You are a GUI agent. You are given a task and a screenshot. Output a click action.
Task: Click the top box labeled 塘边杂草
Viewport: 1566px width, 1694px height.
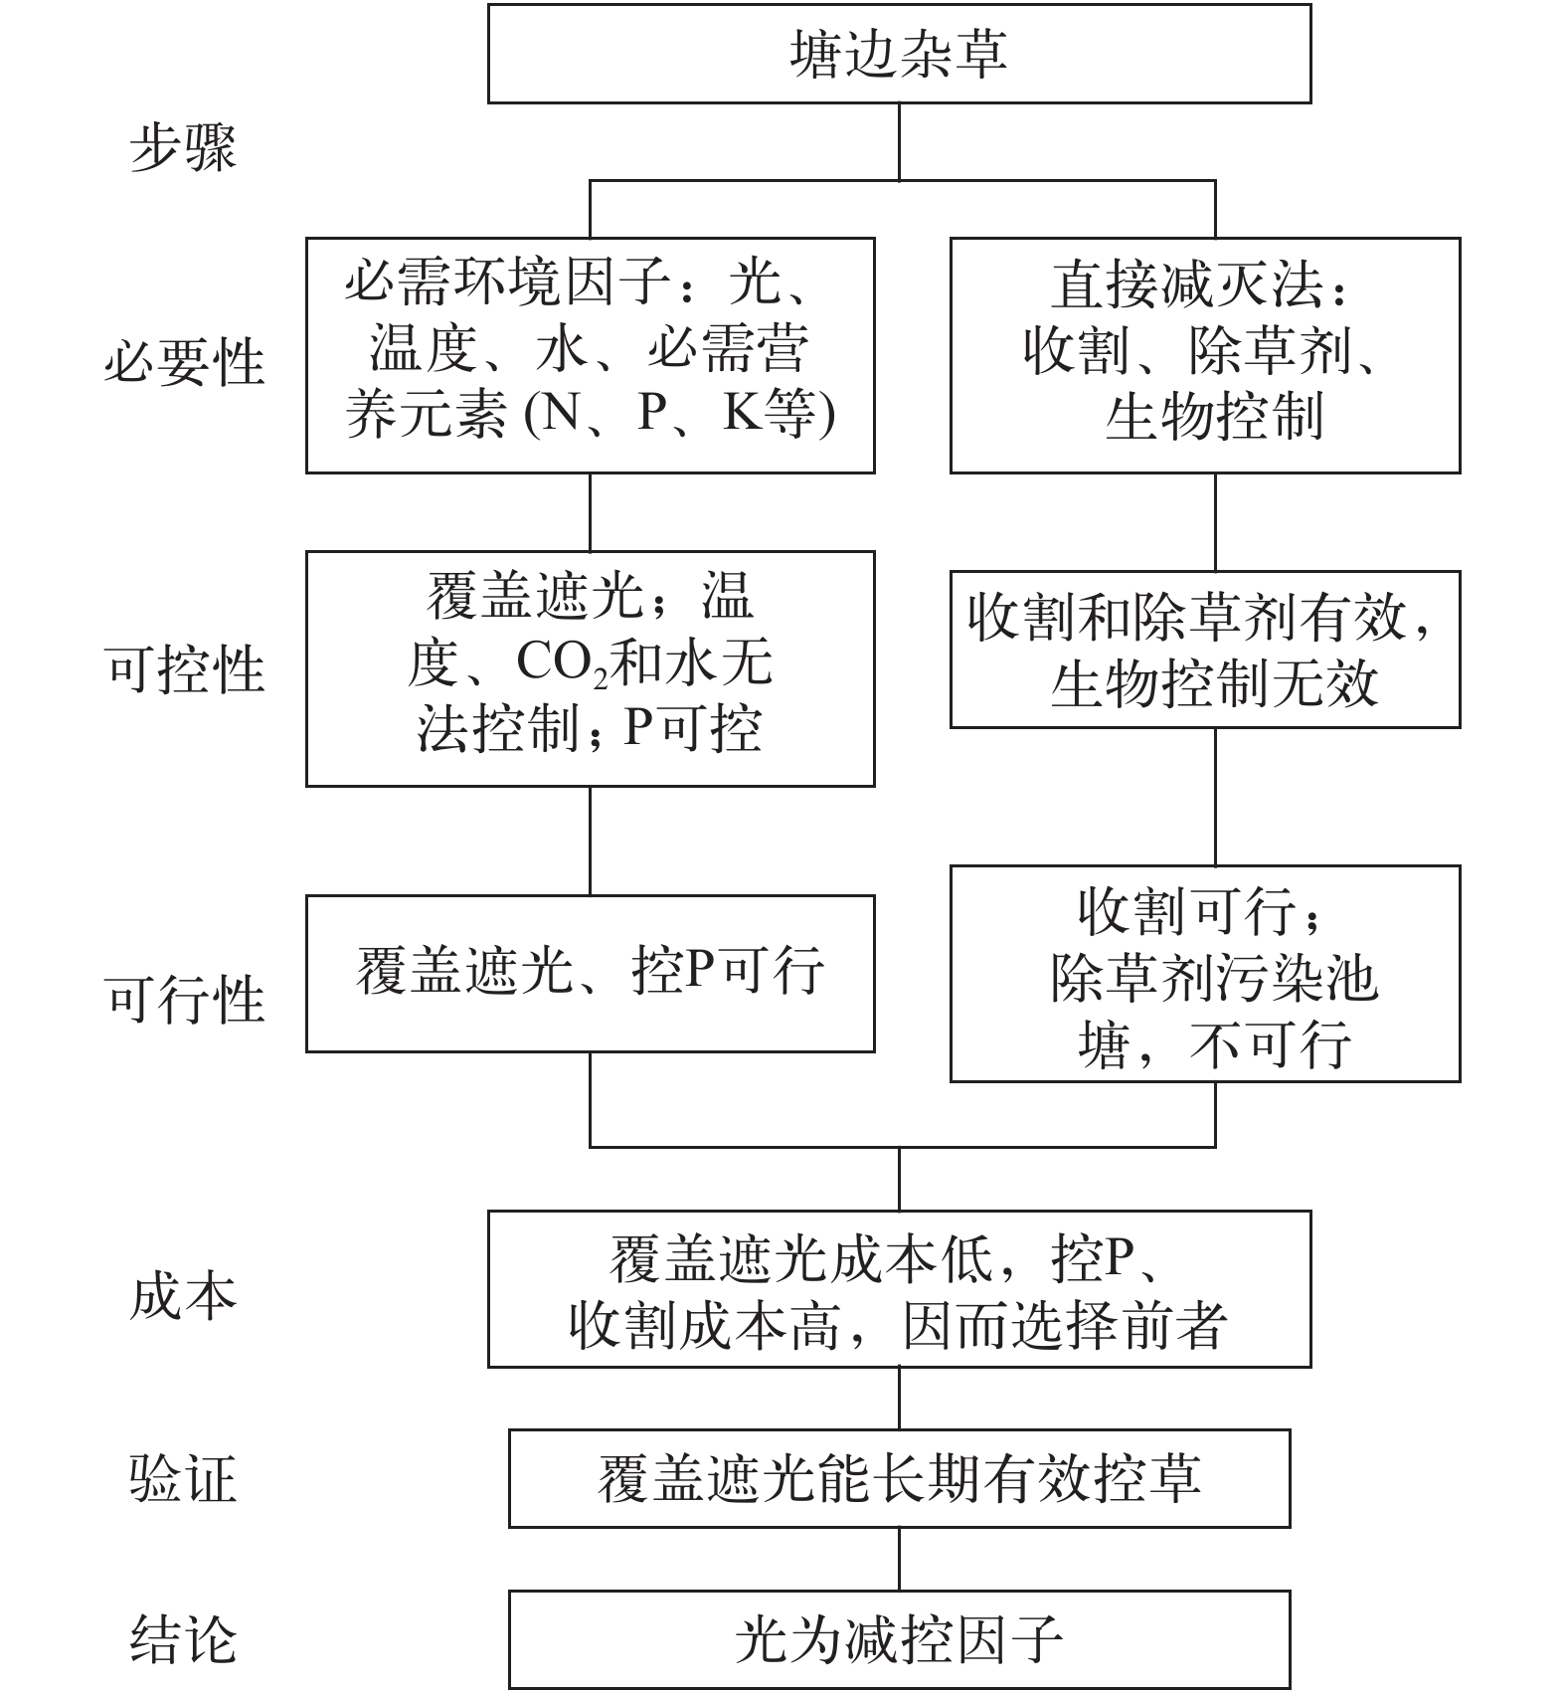(899, 54)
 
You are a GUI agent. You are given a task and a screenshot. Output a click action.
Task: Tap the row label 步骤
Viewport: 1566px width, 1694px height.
(183, 149)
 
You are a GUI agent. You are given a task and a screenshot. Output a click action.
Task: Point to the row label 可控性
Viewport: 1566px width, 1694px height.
(184, 667)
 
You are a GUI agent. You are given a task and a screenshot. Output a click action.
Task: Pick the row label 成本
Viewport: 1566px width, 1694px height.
(183, 1296)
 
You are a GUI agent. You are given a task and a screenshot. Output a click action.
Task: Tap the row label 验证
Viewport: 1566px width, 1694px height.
(183, 1479)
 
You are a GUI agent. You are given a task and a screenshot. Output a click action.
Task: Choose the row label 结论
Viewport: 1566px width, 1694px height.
(183, 1639)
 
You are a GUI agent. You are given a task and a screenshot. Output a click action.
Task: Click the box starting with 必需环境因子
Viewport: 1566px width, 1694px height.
(590, 354)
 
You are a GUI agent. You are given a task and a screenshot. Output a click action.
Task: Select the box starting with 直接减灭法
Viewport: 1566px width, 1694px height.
(1204, 354)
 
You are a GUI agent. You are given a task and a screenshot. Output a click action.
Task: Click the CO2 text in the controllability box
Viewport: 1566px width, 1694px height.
(561, 663)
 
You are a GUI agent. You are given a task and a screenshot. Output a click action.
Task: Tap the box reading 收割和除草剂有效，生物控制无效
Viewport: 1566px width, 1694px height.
(1204, 649)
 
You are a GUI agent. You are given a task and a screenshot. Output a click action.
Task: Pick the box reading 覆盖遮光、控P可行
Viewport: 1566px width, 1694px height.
(590, 973)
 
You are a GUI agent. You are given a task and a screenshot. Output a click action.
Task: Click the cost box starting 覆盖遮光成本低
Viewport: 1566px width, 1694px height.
(899, 1289)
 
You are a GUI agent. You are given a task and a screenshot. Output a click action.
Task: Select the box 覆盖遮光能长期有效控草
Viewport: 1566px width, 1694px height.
(899, 1478)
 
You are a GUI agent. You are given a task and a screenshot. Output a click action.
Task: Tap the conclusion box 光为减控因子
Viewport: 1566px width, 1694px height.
(899, 1639)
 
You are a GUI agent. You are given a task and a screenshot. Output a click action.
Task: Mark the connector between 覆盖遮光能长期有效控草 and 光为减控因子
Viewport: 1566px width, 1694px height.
(899, 1559)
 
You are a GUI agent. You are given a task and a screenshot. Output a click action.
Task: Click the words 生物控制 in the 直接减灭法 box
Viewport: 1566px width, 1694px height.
(1214, 417)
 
